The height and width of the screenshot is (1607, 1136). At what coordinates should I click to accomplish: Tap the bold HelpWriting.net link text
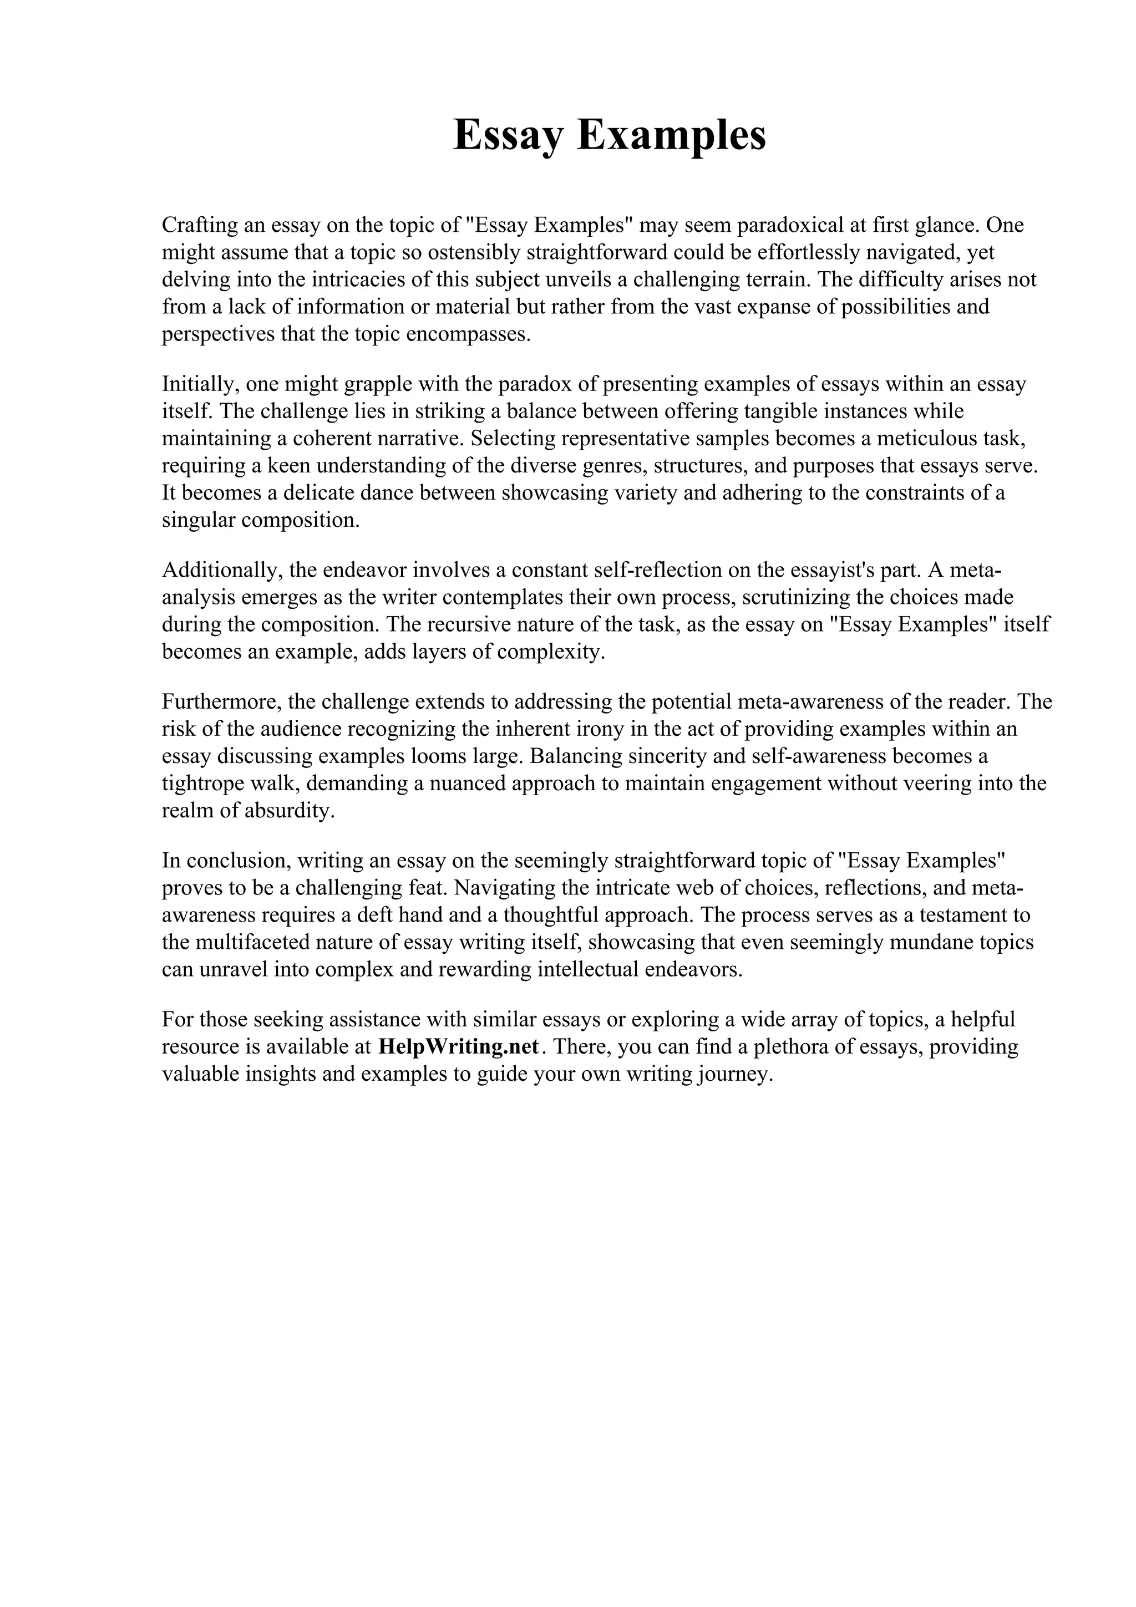(x=459, y=1046)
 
